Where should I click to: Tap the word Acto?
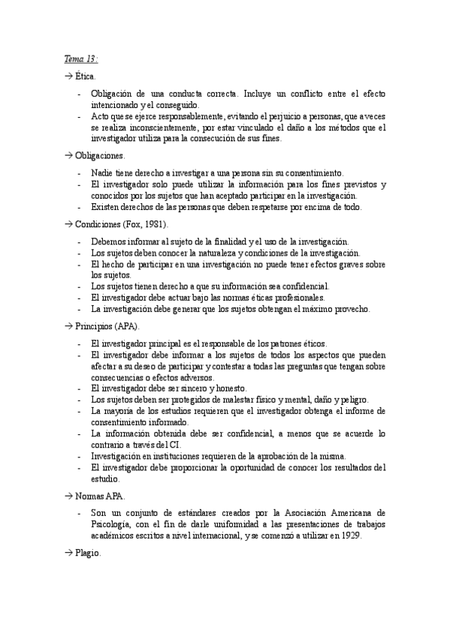click(101, 118)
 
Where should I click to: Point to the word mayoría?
click(125, 411)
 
